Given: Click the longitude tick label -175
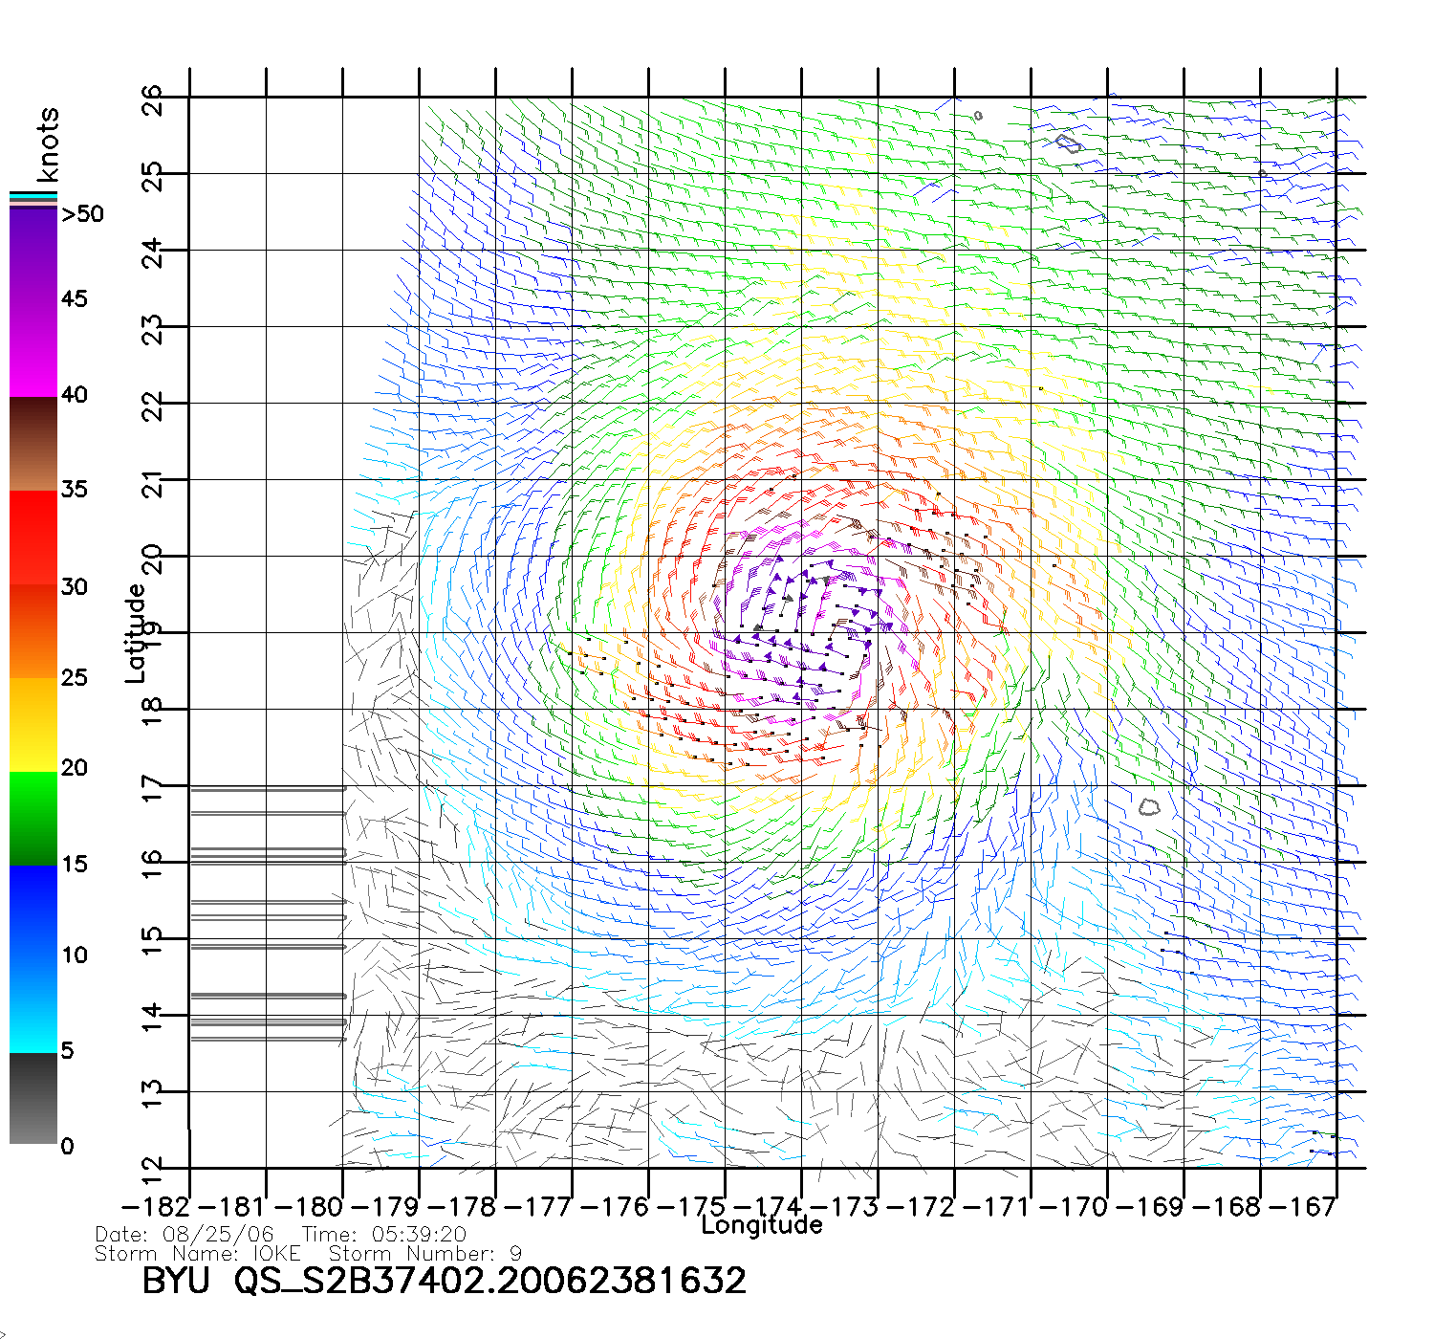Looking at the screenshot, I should tap(696, 1207).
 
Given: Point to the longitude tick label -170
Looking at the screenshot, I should tap(1078, 1207).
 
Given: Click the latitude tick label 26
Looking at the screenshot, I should tap(152, 100).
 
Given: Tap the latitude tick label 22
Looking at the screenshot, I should tap(152, 406).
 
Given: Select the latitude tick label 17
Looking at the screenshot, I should tap(152, 789).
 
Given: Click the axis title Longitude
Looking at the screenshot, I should tap(762, 1225).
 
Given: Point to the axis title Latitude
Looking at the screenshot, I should tap(136, 633).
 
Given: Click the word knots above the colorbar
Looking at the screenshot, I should tap(48, 144).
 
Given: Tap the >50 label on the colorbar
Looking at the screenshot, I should tap(82, 214).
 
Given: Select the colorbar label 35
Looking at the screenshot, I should tap(75, 490).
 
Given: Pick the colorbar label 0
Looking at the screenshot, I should tap(67, 1146).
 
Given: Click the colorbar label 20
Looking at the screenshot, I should tap(75, 768).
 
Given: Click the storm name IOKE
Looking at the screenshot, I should tap(276, 1253).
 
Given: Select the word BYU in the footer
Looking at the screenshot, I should tap(176, 1280).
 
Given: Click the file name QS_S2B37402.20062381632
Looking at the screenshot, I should tap(490, 1280).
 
